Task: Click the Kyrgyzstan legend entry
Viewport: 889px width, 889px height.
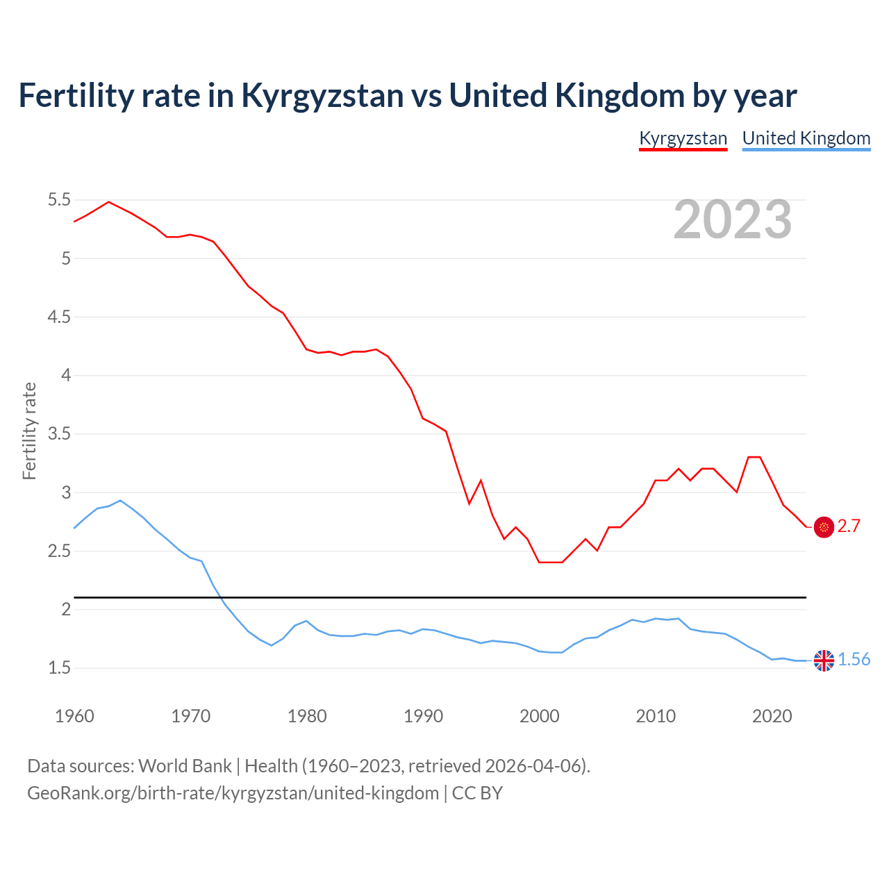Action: pos(683,138)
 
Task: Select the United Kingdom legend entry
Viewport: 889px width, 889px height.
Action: pos(806,138)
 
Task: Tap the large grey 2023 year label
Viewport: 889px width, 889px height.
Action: pos(733,219)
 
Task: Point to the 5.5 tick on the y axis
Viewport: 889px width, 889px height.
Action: pos(59,200)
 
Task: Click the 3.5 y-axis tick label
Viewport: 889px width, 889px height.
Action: pos(59,434)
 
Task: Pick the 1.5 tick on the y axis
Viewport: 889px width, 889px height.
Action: pos(59,668)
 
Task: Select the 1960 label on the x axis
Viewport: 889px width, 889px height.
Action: pos(74,716)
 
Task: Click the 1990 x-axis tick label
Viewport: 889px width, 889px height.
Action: pos(423,716)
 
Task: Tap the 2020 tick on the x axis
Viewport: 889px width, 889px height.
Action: pos(772,716)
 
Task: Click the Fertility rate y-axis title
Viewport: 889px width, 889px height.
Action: pos(29,431)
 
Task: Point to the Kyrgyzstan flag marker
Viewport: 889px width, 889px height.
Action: pos(824,527)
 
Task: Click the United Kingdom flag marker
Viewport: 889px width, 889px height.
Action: pos(824,660)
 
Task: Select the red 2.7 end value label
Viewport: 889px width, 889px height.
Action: pos(849,526)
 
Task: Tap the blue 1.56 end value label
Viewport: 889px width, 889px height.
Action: pos(854,660)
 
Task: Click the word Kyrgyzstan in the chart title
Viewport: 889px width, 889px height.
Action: pos(322,96)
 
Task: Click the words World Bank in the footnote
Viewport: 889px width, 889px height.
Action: pos(185,766)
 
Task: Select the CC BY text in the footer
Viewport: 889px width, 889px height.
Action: pos(477,793)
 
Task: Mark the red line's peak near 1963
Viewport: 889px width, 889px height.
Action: pos(108,201)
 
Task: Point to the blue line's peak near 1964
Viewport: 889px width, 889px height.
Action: pos(120,500)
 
